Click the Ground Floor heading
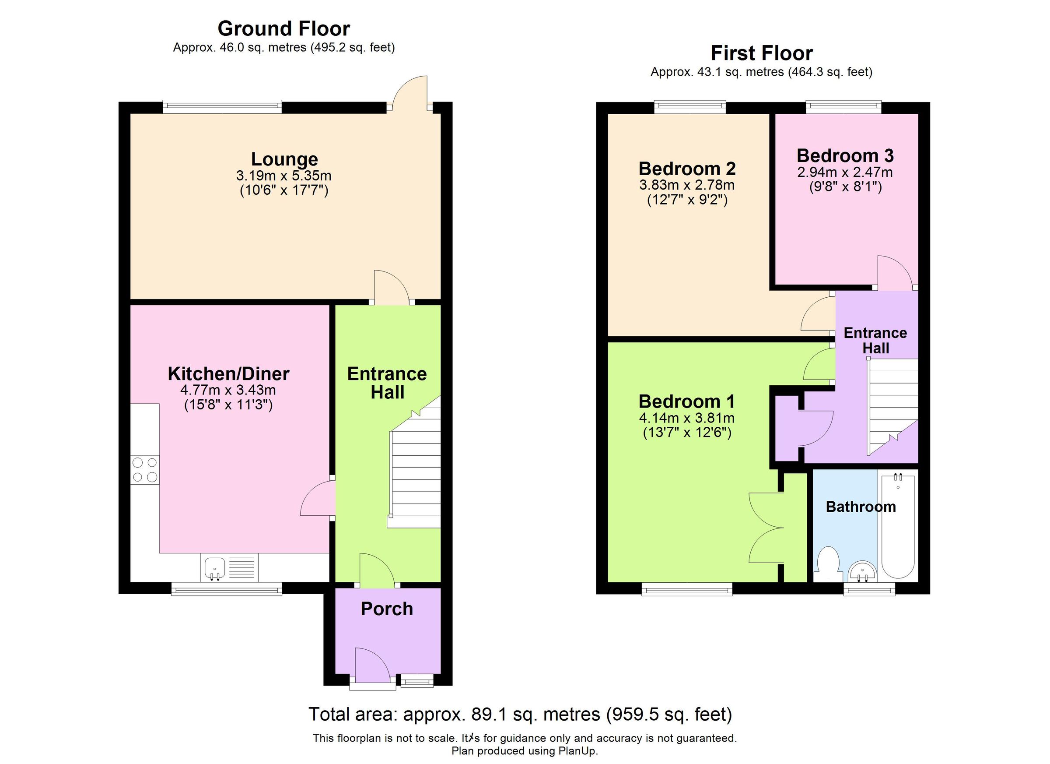point(283,29)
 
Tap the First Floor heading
point(761,53)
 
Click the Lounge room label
point(284,159)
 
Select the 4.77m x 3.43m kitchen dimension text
point(228,390)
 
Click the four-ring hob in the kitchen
point(144,470)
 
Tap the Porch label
point(387,609)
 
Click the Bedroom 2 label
point(686,169)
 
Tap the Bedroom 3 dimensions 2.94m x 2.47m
point(845,173)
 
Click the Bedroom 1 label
point(686,401)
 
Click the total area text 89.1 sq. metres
point(520,715)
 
